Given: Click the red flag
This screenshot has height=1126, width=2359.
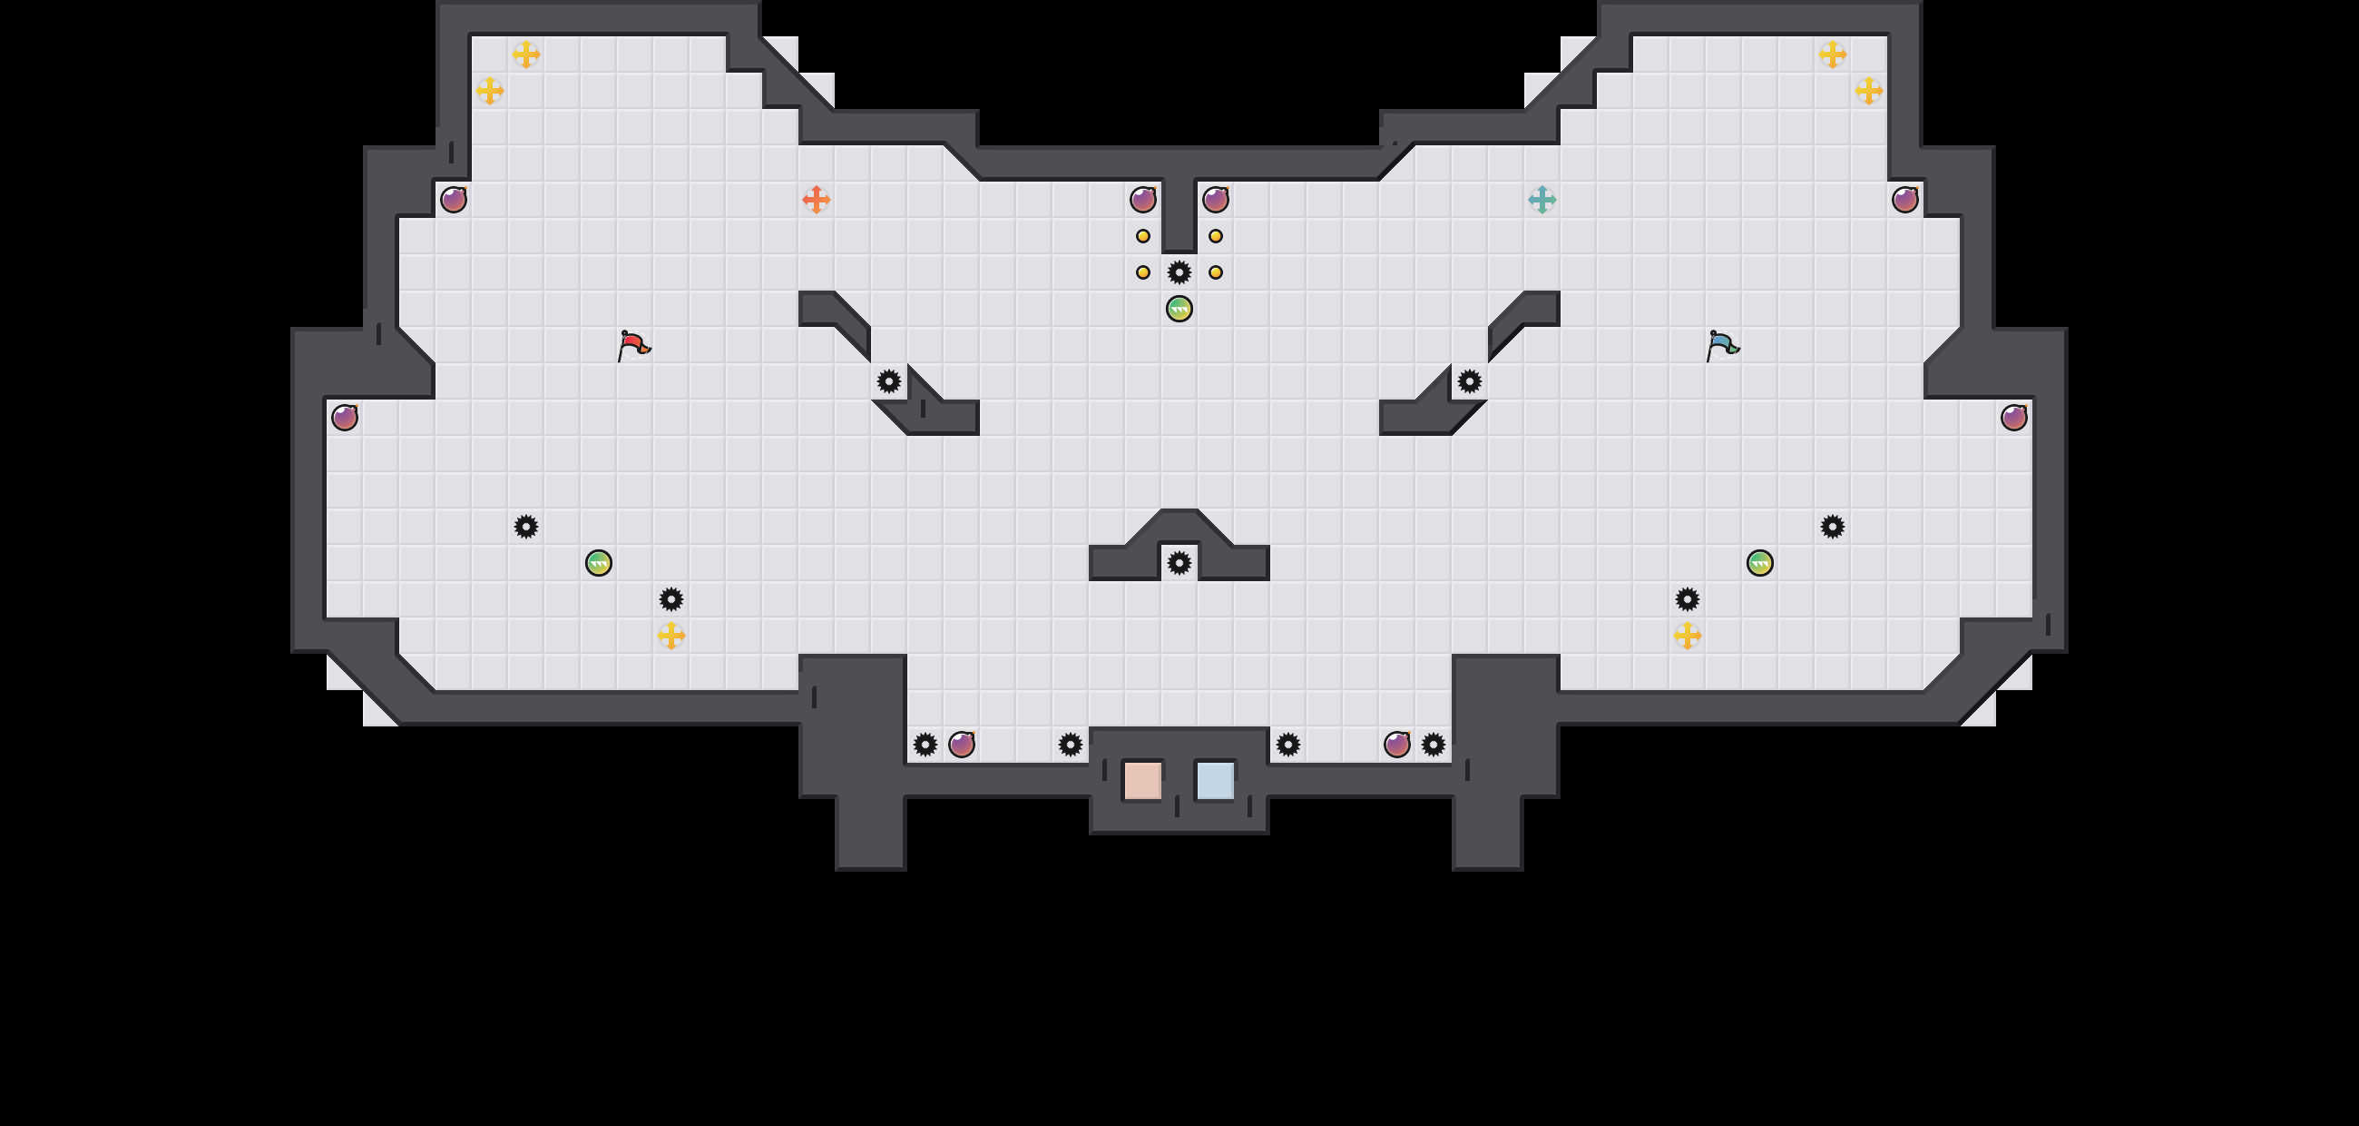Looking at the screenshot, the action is pyautogui.click(x=631, y=345).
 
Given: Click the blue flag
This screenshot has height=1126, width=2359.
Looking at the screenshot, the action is pyautogui.click(x=1721, y=345).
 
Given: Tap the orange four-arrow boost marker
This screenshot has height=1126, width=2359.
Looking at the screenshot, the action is pyautogui.click(x=816, y=200).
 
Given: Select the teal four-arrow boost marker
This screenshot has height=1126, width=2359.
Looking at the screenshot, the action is pyautogui.click(x=1542, y=200).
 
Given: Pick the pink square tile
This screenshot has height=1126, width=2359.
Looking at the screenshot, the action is pyautogui.click(x=1143, y=781).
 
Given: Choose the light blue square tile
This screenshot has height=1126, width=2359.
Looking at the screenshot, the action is pyautogui.click(x=1215, y=781).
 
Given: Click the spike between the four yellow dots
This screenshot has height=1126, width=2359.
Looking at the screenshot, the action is pyautogui.click(x=1179, y=272).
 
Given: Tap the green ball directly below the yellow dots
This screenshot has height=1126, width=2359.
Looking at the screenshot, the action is pyautogui.click(x=1179, y=309).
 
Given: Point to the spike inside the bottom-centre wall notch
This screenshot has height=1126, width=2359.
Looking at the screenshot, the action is pyautogui.click(x=1179, y=562).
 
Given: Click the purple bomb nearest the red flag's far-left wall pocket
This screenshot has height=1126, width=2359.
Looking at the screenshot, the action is pyautogui.click(x=345, y=418).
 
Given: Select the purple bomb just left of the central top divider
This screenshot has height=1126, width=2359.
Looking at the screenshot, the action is pyautogui.click(x=1143, y=200).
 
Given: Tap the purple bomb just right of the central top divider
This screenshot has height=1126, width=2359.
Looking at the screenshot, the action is pyautogui.click(x=1215, y=200).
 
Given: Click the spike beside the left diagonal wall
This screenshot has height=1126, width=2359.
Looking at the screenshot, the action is pyautogui.click(x=888, y=381).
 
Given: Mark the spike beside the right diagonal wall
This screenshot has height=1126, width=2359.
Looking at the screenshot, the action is pyautogui.click(x=1470, y=381).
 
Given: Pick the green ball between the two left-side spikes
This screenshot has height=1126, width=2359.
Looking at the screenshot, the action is pyautogui.click(x=598, y=562).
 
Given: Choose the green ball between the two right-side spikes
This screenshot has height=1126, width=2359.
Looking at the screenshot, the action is pyautogui.click(x=1760, y=562).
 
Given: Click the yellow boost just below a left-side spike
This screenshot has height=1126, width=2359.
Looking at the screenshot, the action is pyautogui.click(x=671, y=635).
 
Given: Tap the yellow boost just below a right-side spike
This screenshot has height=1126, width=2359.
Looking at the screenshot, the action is pyautogui.click(x=1688, y=635).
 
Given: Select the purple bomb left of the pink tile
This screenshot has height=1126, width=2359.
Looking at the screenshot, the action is pyautogui.click(x=962, y=744).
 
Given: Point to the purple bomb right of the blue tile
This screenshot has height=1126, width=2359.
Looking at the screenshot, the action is pyautogui.click(x=1396, y=744).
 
